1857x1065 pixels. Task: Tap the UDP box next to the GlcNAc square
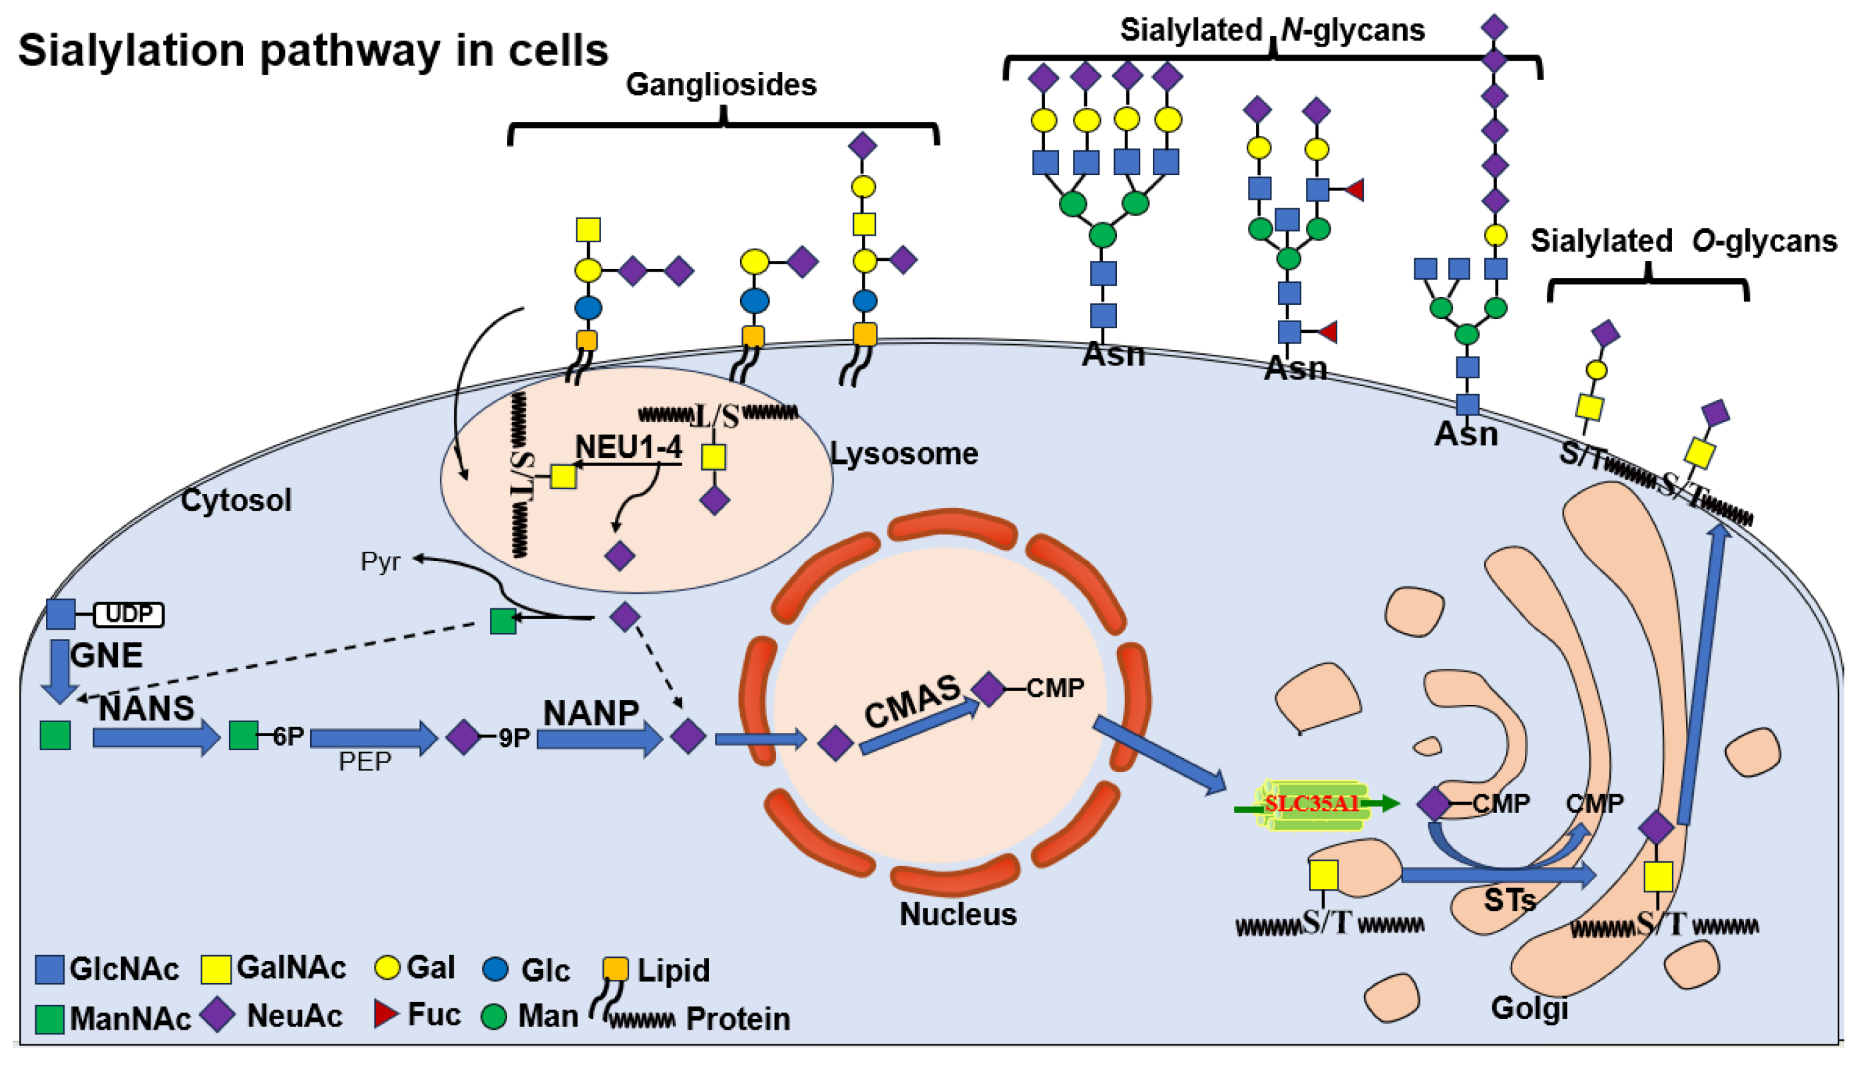click(x=128, y=614)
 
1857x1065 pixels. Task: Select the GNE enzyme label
click(x=106, y=656)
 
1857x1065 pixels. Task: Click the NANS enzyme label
click(x=146, y=708)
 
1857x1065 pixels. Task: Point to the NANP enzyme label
click(x=591, y=713)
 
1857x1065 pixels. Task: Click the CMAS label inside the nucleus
click(x=912, y=701)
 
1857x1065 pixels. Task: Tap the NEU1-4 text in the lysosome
click(x=628, y=447)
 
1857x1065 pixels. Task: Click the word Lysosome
click(x=904, y=454)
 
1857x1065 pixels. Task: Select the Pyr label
click(x=380, y=562)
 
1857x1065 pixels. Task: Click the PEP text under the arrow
click(x=365, y=762)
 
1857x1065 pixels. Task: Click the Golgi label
click(x=1530, y=1008)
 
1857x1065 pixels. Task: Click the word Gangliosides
click(x=720, y=85)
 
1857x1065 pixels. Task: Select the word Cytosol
click(x=236, y=501)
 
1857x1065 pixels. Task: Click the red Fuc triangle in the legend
click(x=385, y=1014)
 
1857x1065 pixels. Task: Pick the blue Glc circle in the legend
click(x=496, y=969)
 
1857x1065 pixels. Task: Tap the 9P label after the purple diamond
click(x=513, y=738)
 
